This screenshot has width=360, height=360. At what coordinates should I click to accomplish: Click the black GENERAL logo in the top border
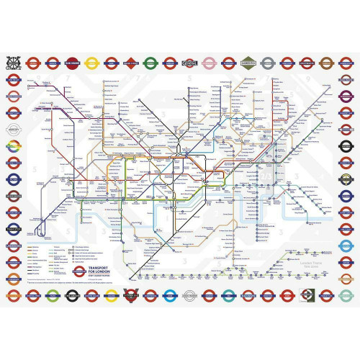[190, 62]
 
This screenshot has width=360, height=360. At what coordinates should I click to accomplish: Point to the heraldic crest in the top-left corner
[14, 63]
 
